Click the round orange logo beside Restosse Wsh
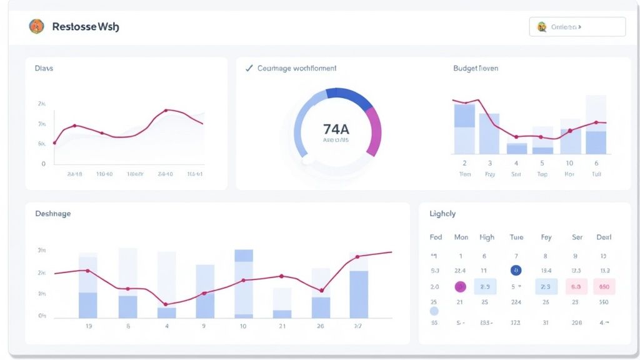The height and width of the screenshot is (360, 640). point(37,26)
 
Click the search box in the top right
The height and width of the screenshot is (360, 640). point(577,27)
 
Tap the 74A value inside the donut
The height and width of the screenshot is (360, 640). point(336,129)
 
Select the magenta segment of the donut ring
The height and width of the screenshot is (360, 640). point(374,131)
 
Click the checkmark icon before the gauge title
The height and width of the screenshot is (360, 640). point(249,68)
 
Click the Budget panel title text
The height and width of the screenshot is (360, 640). point(476,68)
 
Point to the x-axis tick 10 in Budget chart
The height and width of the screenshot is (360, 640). point(569,163)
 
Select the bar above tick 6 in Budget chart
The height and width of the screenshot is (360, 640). point(596,125)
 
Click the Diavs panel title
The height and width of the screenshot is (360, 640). point(44,68)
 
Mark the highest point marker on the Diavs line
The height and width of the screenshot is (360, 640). point(166,111)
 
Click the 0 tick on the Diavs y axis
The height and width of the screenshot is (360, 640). point(43,164)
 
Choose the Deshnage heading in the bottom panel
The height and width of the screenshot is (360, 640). point(53,214)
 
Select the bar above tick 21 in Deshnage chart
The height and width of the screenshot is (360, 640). point(282,303)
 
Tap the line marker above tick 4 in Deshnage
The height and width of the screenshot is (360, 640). point(166,304)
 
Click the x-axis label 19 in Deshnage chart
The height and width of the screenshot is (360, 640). point(88,326)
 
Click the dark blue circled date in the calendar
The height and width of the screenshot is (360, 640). point(516,271)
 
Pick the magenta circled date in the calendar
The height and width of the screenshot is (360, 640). point(461,287)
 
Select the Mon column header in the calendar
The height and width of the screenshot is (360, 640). point(461,237)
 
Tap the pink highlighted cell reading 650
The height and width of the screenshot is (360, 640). point(604,287)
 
